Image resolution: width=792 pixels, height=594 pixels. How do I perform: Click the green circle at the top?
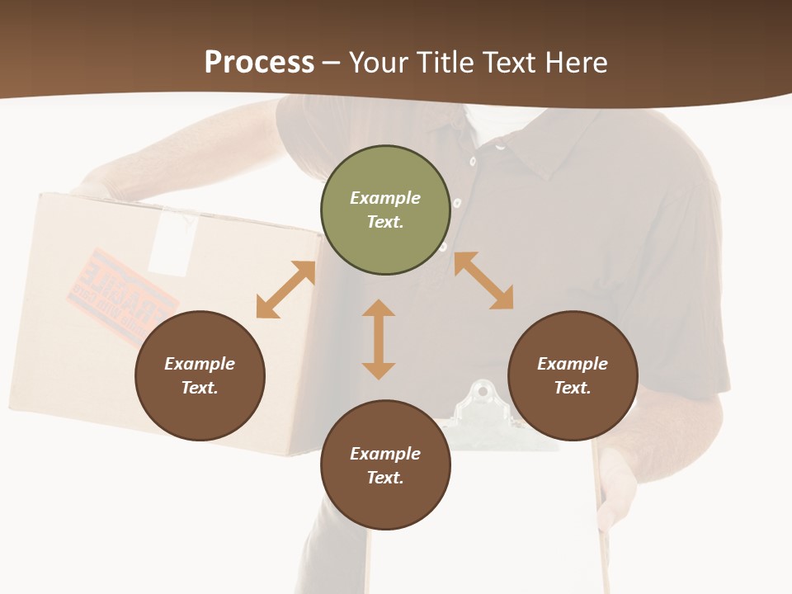point(385,210)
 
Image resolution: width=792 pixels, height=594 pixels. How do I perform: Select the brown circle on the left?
point(200,376)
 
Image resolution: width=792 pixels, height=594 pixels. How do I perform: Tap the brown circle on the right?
point(573,376)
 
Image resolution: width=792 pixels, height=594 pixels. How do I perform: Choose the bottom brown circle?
point(385,465)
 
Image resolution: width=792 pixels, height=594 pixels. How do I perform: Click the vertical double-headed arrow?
point(379,339)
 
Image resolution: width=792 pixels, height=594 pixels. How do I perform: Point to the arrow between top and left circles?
point(285,290)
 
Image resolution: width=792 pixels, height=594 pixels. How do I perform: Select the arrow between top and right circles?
point(483,280)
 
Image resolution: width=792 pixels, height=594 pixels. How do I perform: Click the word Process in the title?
point(259,62)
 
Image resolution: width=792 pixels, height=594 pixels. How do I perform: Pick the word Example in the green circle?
point(385,198)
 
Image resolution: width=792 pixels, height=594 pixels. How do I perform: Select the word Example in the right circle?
point(573,364)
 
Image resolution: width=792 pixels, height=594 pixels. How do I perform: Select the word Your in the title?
point(378,62)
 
